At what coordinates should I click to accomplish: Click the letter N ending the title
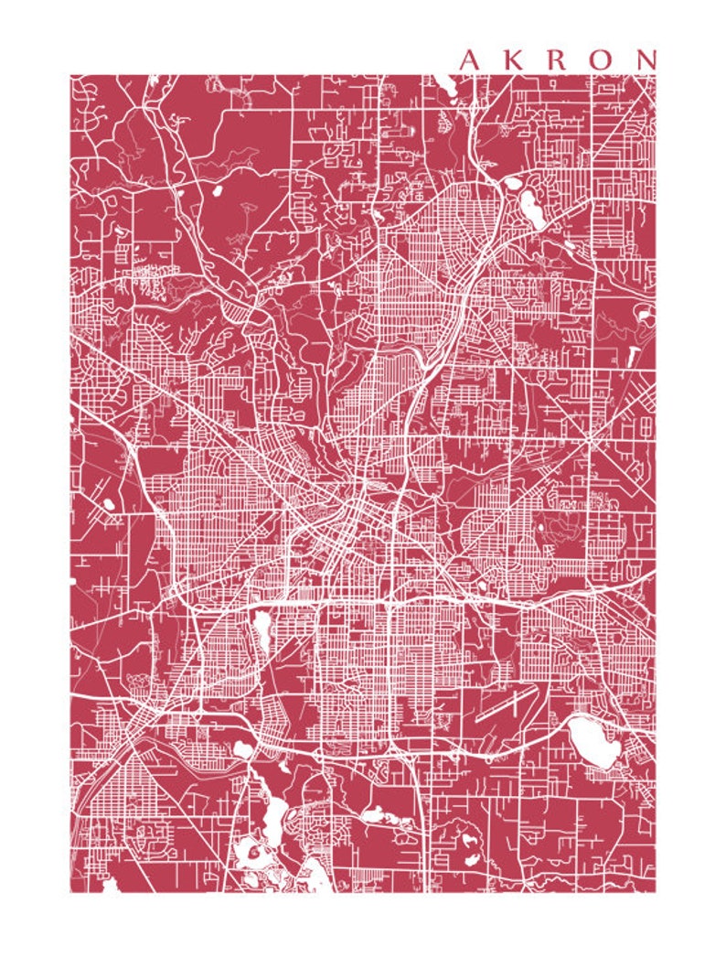pos(646,60)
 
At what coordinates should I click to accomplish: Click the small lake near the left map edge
pos(109,503)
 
